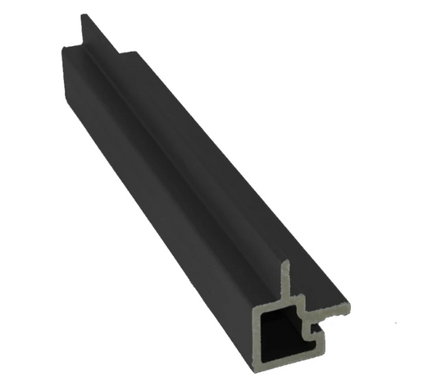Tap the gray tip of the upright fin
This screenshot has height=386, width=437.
[285, 265]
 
